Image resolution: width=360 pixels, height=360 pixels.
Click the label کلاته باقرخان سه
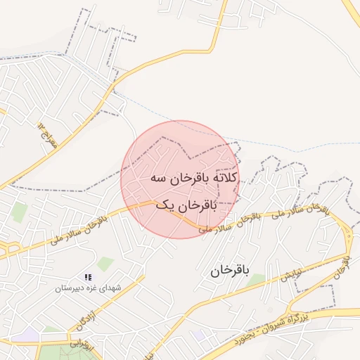coord(194,179)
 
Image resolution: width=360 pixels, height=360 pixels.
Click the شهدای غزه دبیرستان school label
coord(89,288)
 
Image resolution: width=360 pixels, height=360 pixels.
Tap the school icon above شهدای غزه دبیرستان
coord(88,278)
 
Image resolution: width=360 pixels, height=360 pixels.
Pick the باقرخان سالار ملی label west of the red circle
coord(79,231)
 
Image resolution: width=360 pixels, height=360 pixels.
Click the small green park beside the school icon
coord(105,264)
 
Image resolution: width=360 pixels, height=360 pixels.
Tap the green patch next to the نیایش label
coord(257,280)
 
